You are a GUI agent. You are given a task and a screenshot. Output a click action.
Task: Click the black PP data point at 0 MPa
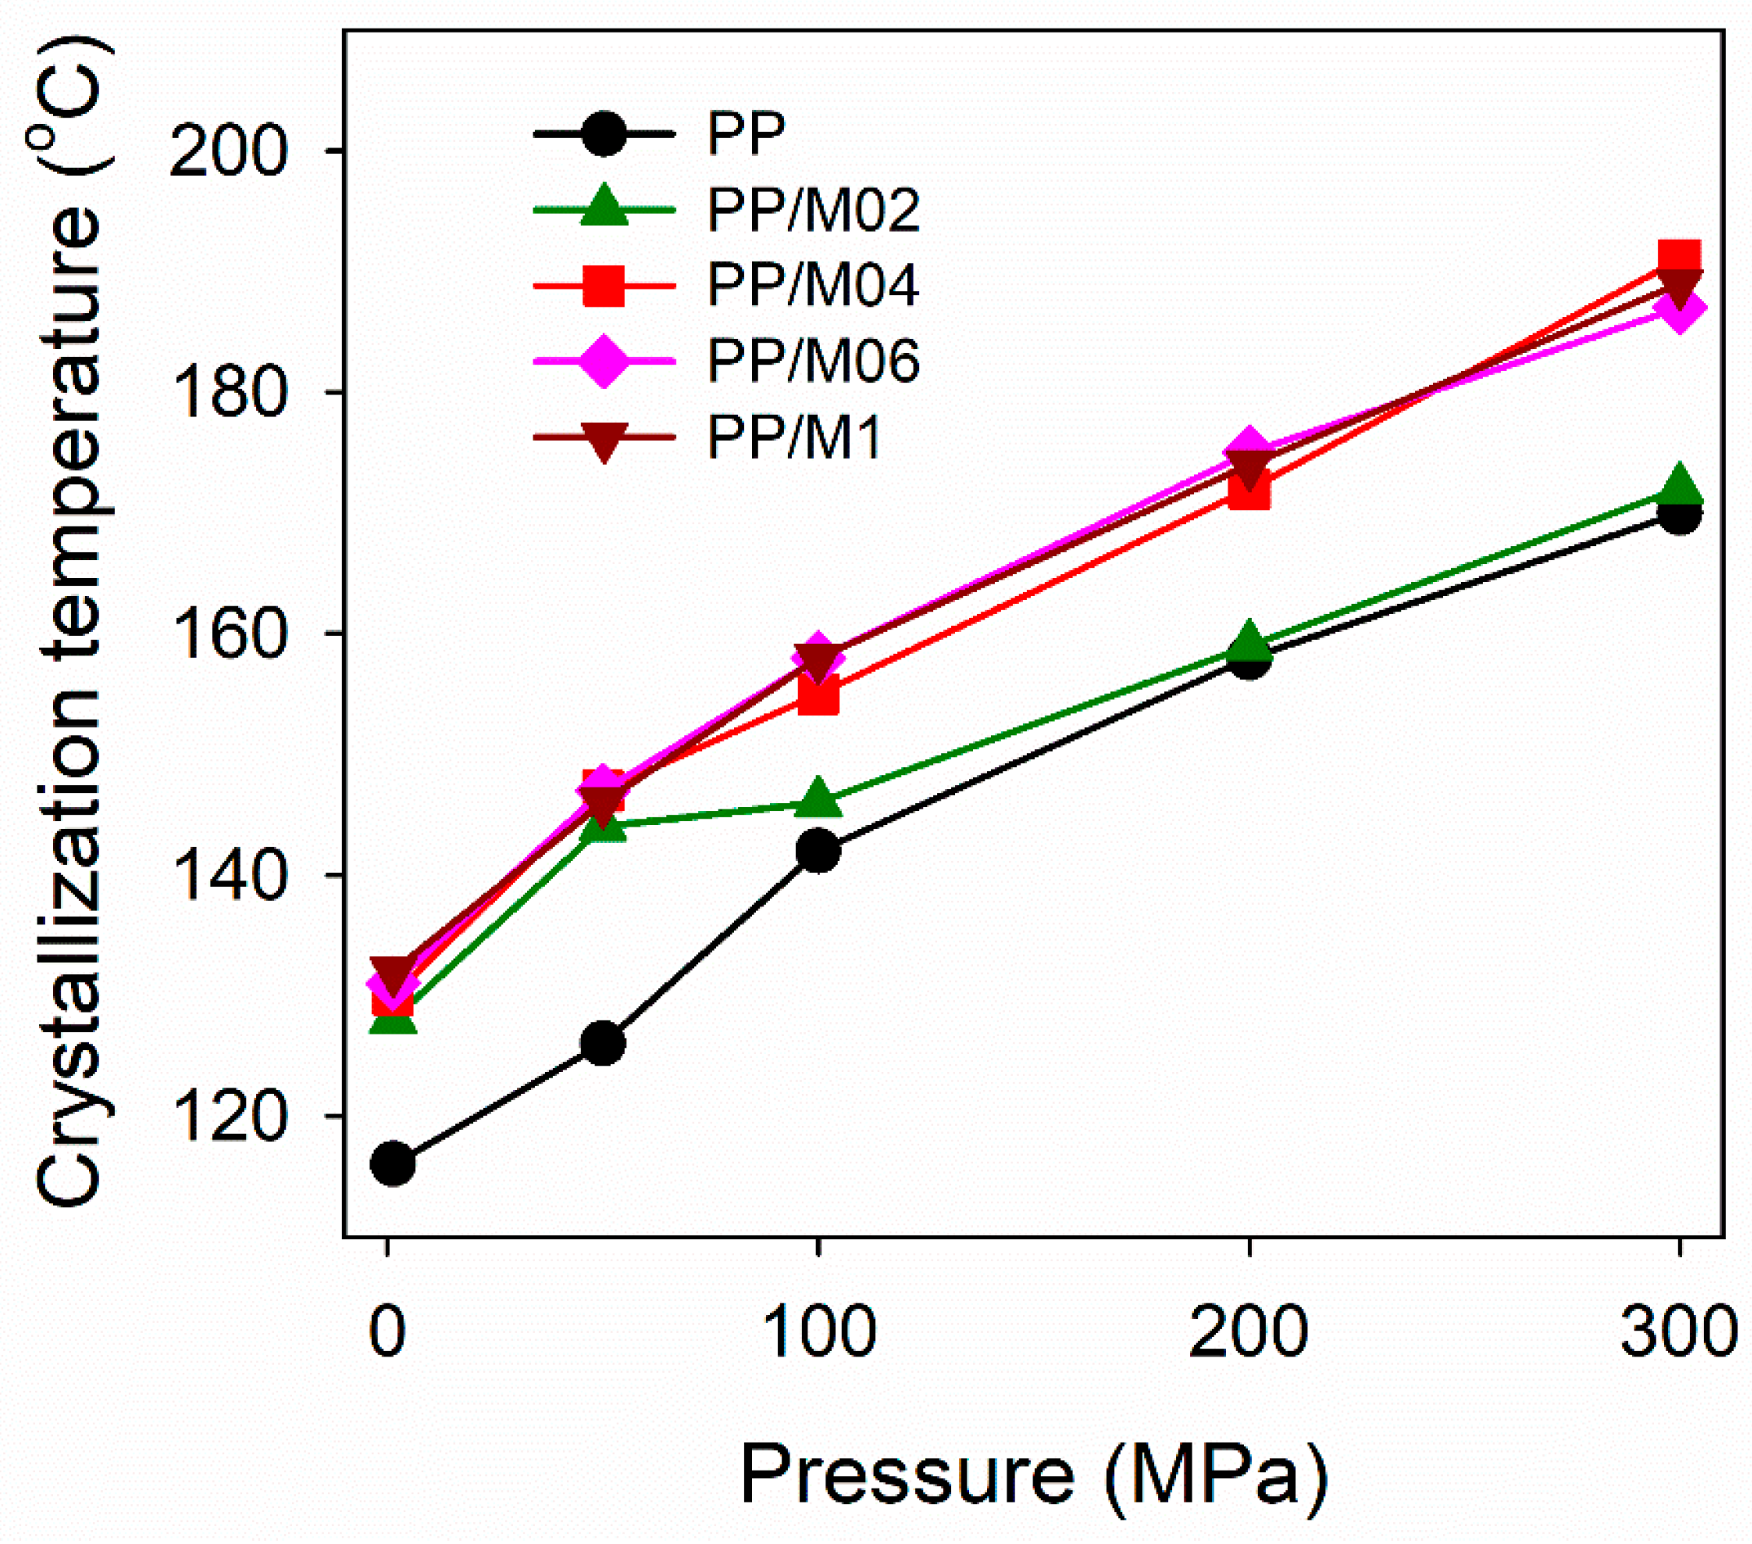[x=392, y=1163]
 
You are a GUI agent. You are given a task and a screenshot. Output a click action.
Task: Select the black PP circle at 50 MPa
[x=604, y=1043]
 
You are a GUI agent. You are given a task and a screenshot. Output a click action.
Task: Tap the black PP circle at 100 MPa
[x=819, y=850]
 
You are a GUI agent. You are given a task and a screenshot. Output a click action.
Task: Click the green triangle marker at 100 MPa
[x=819, y=800]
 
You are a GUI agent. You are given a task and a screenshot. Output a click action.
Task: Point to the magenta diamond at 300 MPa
[x=1679, y=310]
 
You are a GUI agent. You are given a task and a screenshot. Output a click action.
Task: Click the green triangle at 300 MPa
[x=1679, y=487]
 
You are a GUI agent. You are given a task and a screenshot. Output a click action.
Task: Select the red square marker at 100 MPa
[x=819, y=695]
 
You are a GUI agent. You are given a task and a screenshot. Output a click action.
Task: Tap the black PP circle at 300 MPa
[x=1679, y=515]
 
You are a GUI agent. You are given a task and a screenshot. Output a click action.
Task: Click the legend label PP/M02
[x=813, y=210]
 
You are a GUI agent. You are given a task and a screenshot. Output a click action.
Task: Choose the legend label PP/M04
[x=813, y=285]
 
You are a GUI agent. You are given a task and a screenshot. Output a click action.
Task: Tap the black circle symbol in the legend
[x=604, y=134]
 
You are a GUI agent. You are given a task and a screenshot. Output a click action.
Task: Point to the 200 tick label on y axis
[x=226, y=152]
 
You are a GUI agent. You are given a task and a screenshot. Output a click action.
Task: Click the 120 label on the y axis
[x=226, y=1117]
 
